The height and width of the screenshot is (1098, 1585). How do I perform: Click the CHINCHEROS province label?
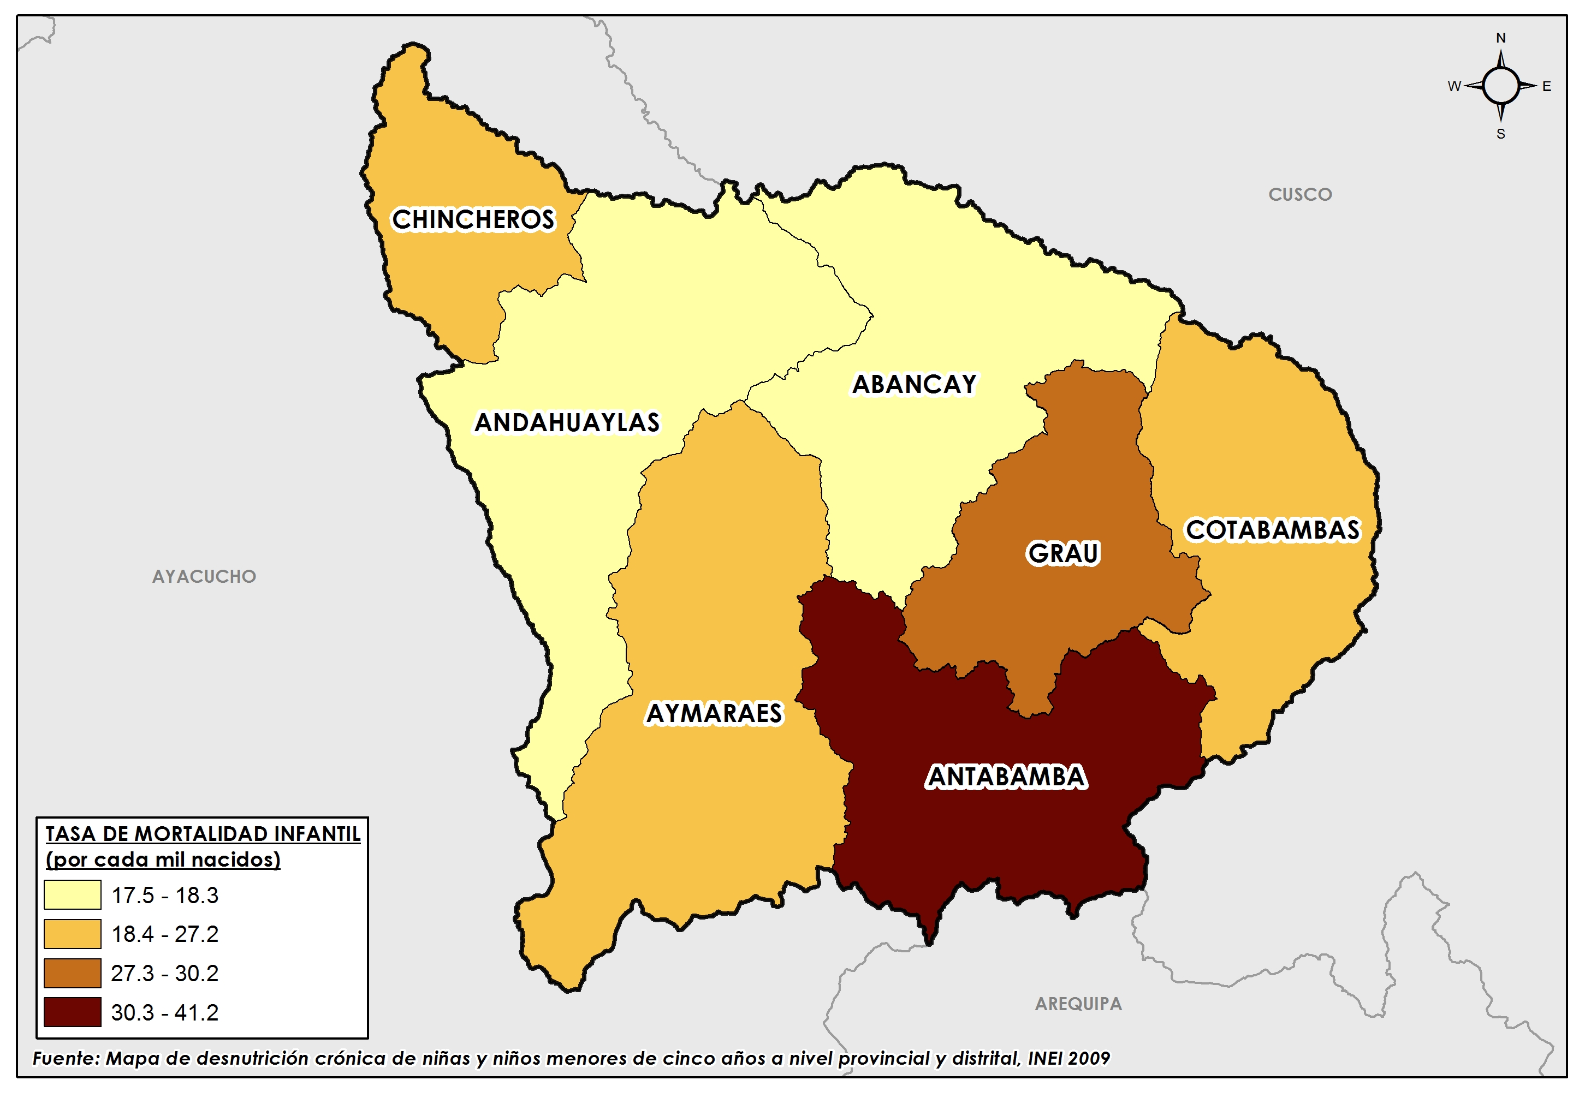tap(473, 219)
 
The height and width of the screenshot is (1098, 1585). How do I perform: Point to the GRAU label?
tap(1064, 553)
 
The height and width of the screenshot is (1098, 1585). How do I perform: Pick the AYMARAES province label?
tap(714, 713)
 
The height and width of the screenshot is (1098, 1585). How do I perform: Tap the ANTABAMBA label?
tap(1006, 777)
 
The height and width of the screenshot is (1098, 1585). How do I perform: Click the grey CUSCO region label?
tap(1300, 195)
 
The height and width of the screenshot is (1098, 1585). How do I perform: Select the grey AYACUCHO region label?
tap(204, 576)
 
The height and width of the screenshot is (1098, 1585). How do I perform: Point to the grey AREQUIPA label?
tap(1078, 1004)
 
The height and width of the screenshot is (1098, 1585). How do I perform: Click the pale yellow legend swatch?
tap(72, 895)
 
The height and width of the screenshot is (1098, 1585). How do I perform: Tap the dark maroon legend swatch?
tap(72, 1012)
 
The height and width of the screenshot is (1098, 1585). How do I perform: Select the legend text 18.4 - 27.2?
tap(164, 934)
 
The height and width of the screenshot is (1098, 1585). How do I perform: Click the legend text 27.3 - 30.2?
tap(164, 974)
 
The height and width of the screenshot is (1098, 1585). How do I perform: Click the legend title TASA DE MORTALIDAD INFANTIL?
tap(203, 834)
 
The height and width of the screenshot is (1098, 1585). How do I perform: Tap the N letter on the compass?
tap(1500, 38)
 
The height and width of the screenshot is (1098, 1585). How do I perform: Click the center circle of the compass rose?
tap(1500, 86)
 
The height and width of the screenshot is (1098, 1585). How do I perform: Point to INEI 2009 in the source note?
tap(1069, 1058)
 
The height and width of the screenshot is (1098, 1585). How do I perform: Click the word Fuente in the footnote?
tap(66, 1058)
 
